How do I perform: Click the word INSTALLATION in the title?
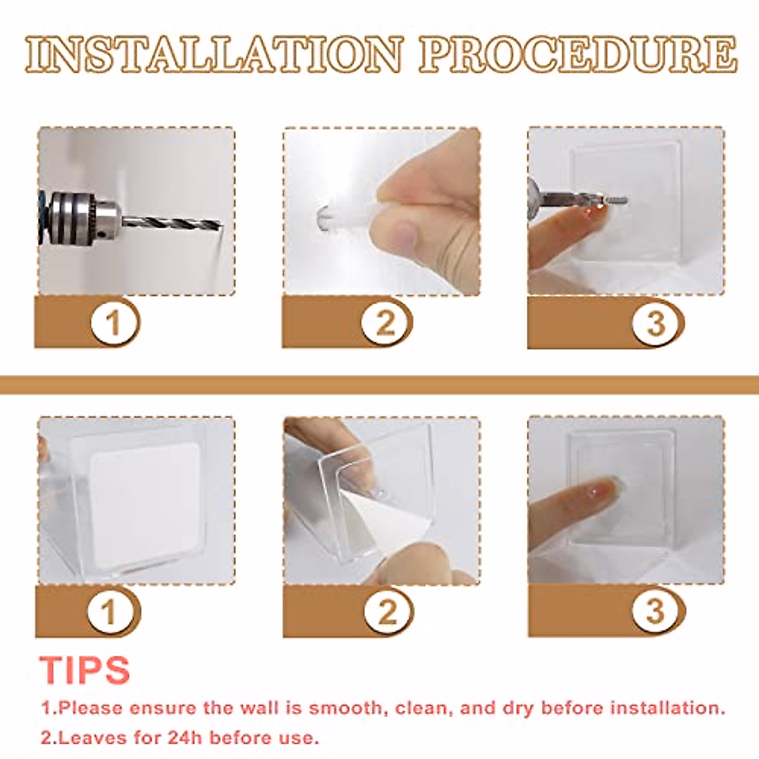(x=214, y=54)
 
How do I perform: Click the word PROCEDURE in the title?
(x=577, y=54)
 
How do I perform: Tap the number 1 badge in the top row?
(x=114, y=323)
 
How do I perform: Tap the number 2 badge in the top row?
(x=385, y=323)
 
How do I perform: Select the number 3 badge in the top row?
(x=656, y=323)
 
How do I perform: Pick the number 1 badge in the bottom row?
(x=110, y=612)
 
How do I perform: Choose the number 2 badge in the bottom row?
(x=387, y=612)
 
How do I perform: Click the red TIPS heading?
(x=85, y=669)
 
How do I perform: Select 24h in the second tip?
(x=186, y=737)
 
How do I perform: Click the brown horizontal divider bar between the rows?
(x=379, y=385)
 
